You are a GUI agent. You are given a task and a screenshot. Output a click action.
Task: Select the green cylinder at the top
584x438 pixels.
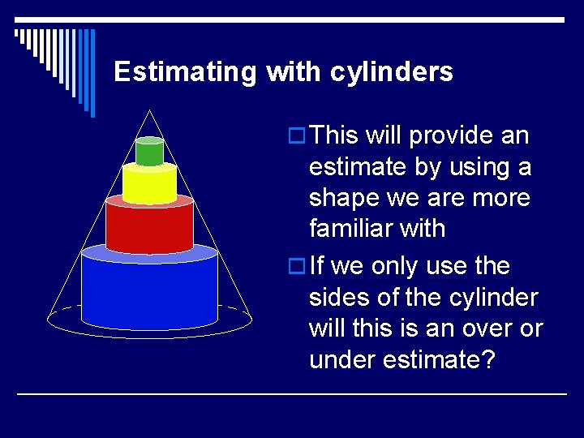point(149,153)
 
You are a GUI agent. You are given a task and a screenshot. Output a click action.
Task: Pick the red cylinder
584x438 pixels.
point(149,227)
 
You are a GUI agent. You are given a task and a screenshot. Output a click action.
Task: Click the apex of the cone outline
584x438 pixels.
point(149,110)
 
